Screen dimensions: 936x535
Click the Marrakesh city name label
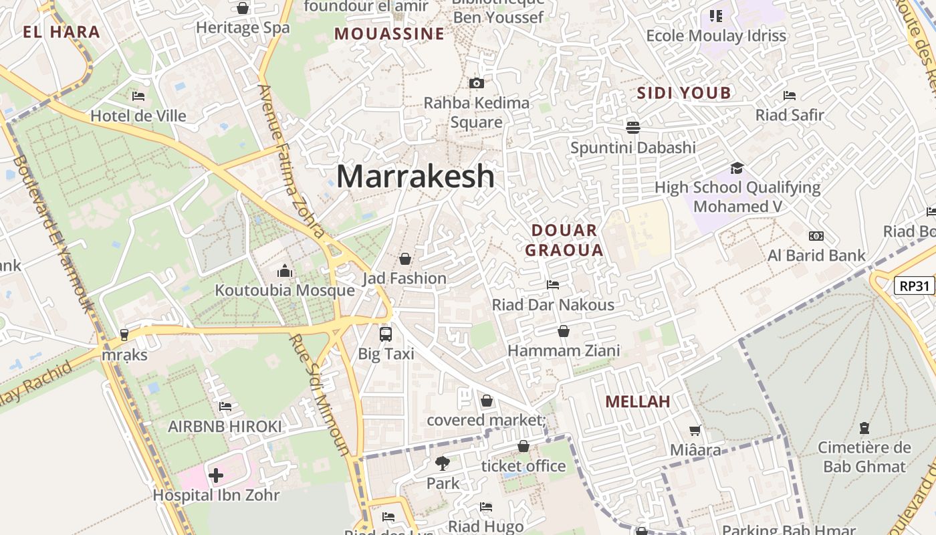(415, 176)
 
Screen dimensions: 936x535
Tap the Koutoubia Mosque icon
(285, 271)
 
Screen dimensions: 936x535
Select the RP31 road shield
(914, 286)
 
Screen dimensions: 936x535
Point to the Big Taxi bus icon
(386, 334)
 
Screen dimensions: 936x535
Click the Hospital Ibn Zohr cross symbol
(215, 475)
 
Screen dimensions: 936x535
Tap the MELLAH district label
(637, 401)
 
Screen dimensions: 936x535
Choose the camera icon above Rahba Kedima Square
(476, 83)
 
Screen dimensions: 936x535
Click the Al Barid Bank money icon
(816, 236)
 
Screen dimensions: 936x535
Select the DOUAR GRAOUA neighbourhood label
(564, 240)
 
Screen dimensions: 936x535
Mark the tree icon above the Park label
(442, 463)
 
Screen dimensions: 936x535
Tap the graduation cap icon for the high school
(737, 167)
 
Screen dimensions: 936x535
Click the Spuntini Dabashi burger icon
(632, 126)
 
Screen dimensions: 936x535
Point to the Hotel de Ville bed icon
(138, 96)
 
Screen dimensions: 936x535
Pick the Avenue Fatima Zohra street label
(292, 161)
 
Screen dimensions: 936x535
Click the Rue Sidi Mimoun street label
(319, 394)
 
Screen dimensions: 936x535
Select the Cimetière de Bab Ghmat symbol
(864, 427)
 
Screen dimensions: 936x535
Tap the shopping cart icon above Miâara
(695, 430)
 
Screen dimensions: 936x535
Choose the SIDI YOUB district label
(684, 92)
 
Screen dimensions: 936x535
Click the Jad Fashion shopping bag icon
(404, 258)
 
